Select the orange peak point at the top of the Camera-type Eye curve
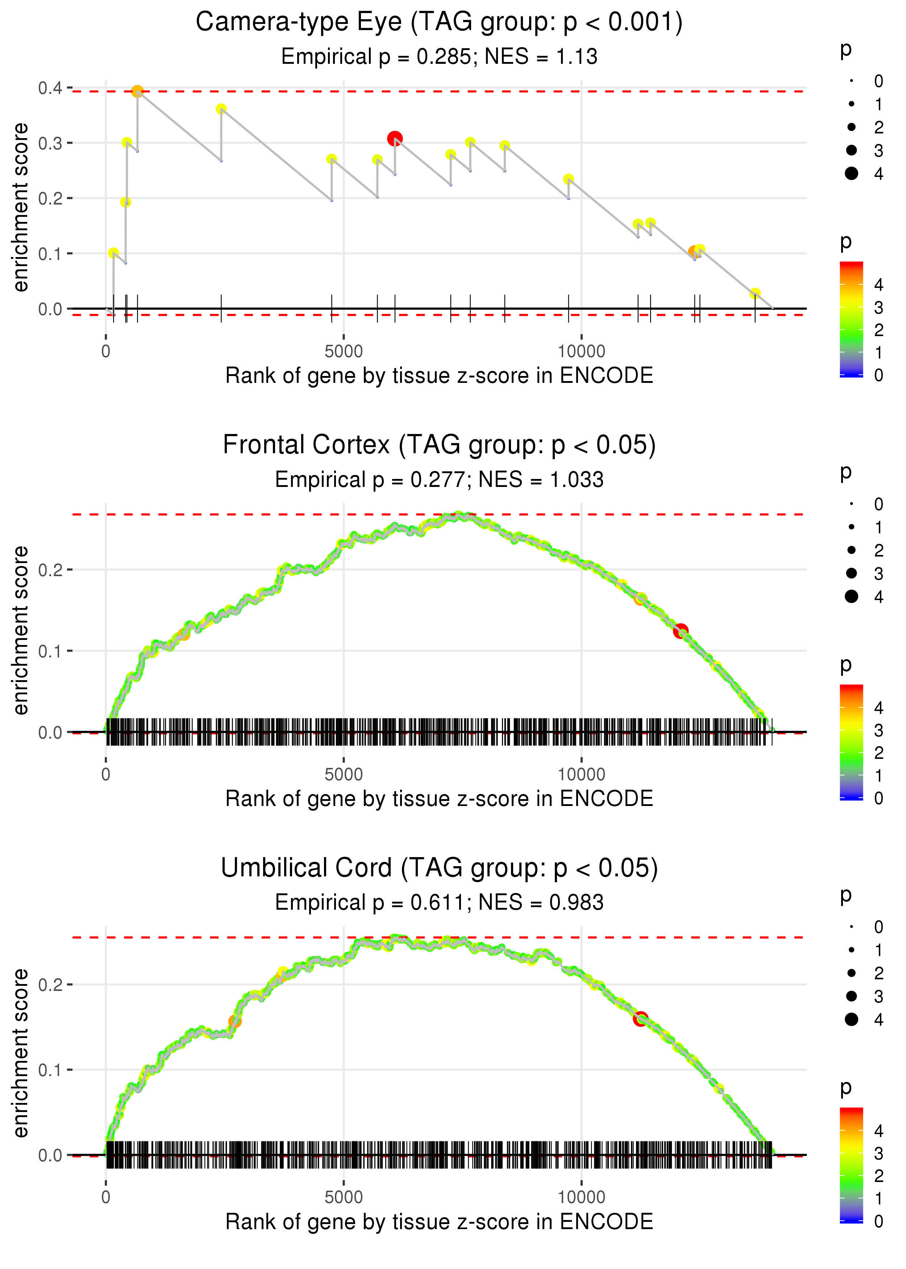click(137, 91)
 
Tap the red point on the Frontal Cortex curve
click(680, 631)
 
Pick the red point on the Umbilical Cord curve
click(640, 1018)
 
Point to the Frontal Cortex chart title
click(439, 445)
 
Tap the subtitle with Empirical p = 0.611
click(439, 902)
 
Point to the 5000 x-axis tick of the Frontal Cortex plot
click(344, 774)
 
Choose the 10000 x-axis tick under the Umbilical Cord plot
click(581, 1197)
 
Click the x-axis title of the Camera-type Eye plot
click(439, 376)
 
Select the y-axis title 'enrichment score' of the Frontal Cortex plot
click(21, 630)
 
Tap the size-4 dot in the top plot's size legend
click(851, 174)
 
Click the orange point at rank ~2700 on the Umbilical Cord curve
click(235, 1022)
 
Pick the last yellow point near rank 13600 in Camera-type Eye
click(755, 294)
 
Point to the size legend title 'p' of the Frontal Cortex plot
click(846, 472)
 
